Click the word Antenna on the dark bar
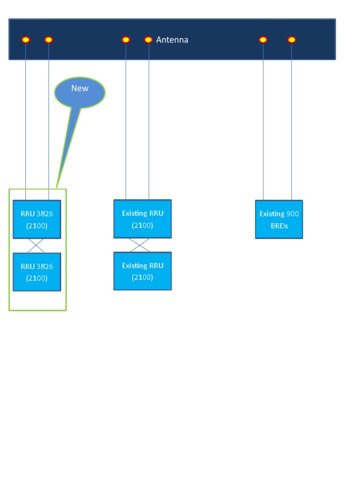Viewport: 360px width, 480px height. pos(172,40)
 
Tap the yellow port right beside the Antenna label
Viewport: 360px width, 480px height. pos(148,40)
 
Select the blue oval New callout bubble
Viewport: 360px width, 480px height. pos(80,92)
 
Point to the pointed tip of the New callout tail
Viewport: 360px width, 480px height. pos(57,187)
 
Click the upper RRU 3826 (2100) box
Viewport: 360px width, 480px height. pos(37,219)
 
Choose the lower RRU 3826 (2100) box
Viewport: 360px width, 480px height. pos(37,272)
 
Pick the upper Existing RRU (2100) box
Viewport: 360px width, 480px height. pos(142,219)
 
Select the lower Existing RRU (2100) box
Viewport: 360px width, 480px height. pos(142,271)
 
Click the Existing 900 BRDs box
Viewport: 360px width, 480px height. pos(279,219)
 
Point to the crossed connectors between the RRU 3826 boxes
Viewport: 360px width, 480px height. pos(36,246)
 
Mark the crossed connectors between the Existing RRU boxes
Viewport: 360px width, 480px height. pos(140,245)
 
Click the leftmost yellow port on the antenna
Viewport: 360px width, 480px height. pos(26,40)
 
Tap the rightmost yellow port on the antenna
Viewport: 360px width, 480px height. pos(292,40)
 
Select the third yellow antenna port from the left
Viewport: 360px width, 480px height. pos(126,40)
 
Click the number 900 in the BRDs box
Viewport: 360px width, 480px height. pos(292,214)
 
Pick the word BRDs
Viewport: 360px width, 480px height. pos(279,226)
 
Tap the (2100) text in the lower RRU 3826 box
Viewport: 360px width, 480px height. pos(37,278)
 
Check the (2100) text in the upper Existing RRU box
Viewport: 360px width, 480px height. pos(142,225)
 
